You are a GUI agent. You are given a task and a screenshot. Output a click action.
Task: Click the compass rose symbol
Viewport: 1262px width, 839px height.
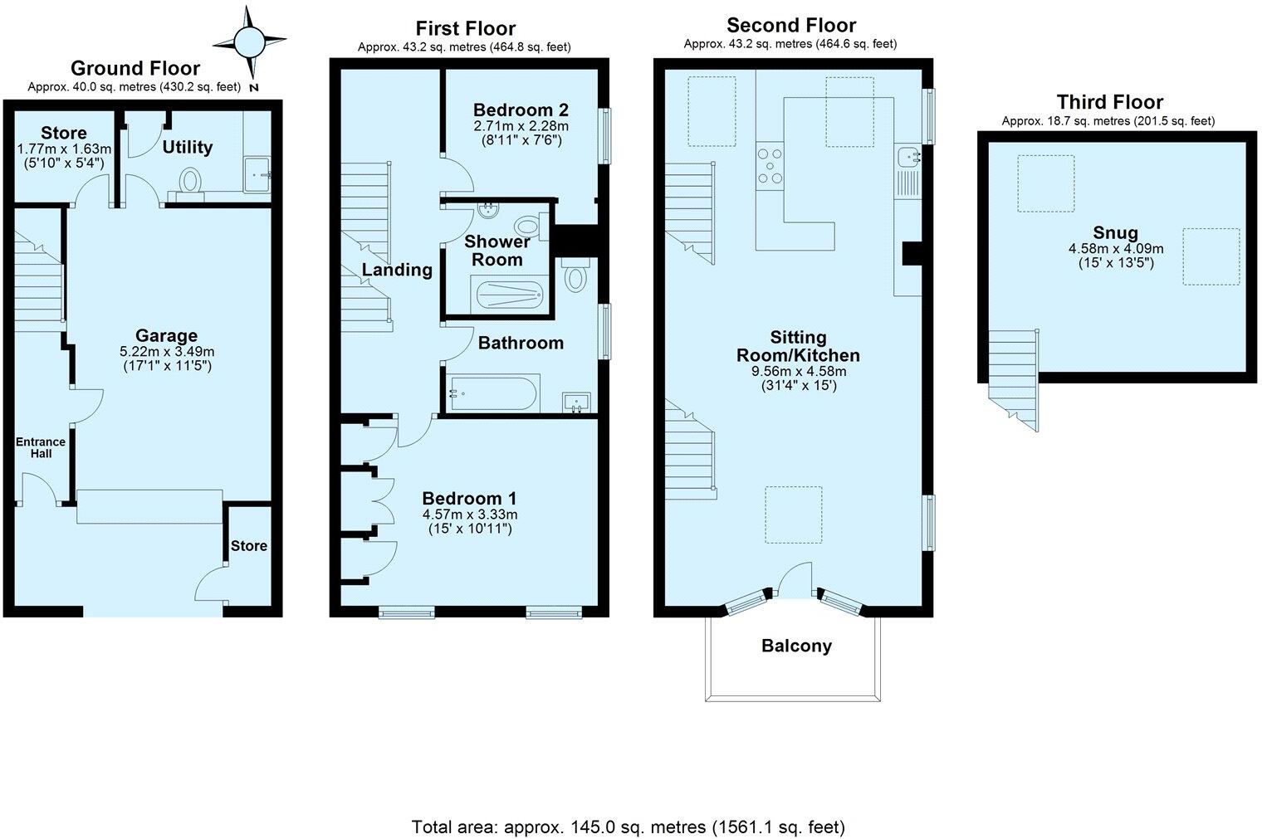tap(249, 41)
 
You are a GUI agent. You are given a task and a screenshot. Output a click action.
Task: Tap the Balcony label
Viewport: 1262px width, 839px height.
tap(796, 646)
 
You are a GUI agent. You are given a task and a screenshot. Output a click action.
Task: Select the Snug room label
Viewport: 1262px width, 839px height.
tap(1115, 233)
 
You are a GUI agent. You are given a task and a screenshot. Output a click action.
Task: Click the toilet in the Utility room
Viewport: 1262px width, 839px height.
tap(191, 180)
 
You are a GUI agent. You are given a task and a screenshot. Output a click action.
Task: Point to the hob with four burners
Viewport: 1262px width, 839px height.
tap(770, 164)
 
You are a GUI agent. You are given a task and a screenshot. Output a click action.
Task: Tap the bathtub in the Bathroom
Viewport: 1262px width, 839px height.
tap(493, 393)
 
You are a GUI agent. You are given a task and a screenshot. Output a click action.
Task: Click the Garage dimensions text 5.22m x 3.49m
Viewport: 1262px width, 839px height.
tap(167, 351)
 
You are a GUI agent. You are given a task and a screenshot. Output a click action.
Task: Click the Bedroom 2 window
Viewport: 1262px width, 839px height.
tap(607, 136)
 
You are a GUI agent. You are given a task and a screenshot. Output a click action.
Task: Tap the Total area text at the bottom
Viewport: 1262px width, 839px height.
tap(629, 827)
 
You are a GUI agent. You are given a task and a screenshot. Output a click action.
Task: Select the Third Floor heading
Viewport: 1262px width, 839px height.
tap(1109, 102)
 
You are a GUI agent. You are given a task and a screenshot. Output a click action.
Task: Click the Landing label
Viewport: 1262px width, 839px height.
tap(397, 270)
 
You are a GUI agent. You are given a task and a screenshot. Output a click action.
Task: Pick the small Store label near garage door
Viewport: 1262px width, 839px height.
tap(249, 545)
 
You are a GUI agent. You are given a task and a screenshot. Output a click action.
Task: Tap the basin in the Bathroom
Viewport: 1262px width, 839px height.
tap(575, 402)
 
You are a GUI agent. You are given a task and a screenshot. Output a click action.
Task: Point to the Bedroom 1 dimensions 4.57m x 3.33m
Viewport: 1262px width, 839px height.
tap(469, 514)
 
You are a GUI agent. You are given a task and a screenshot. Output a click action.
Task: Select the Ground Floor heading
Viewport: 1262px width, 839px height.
tap(135, 68)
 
